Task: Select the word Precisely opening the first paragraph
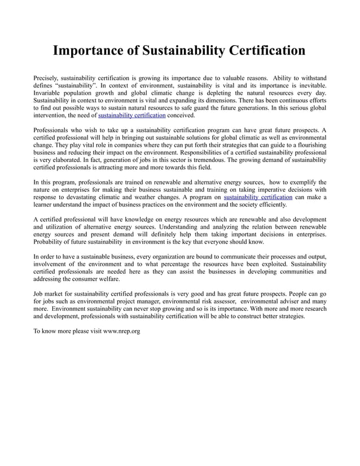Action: coord(46,77)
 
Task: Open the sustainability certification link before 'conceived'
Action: coord(132,115)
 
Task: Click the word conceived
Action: coord(181,115)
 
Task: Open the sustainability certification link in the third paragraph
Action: coord(258,197)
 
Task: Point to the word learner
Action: coord(45,205)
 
